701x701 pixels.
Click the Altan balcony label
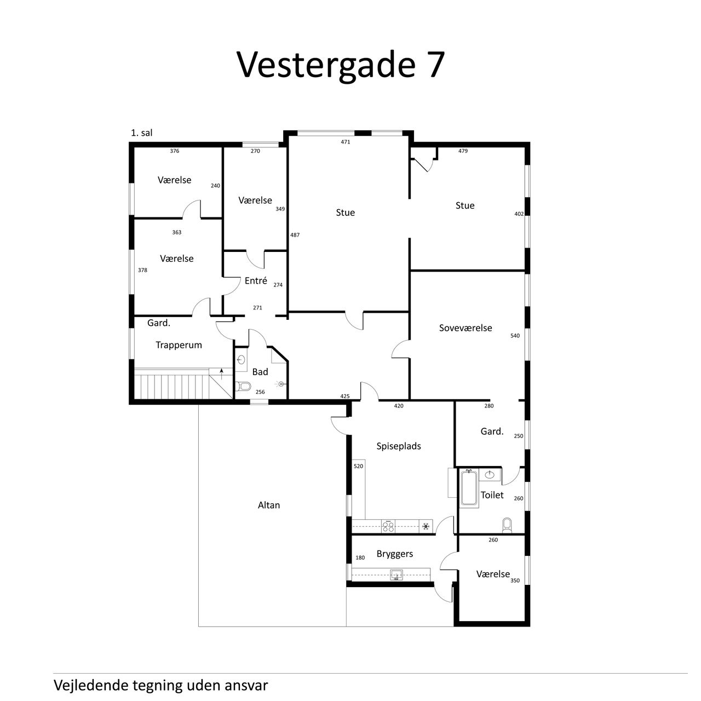coord(269,505)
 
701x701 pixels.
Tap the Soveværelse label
coord(466,327)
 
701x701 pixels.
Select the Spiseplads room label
coord(398,446)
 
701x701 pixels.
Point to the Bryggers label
coord(395,554)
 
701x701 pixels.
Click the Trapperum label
coord(179,345)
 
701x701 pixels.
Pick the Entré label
coord(256,280)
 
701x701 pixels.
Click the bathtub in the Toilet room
coord(469,487)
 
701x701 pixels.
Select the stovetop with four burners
coord(388,526)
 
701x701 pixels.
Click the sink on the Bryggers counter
coord(397,575)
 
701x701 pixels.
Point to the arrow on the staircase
coord(222,374)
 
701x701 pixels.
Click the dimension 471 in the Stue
coord(345,142)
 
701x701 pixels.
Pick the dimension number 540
coord(515,336)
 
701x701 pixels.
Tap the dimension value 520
coord(358,466)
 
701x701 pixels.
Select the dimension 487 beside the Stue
coord(295,235)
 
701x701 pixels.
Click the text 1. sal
coord(141,133)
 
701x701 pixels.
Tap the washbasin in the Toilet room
coord(489,475)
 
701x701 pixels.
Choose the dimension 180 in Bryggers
coord(360,558)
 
